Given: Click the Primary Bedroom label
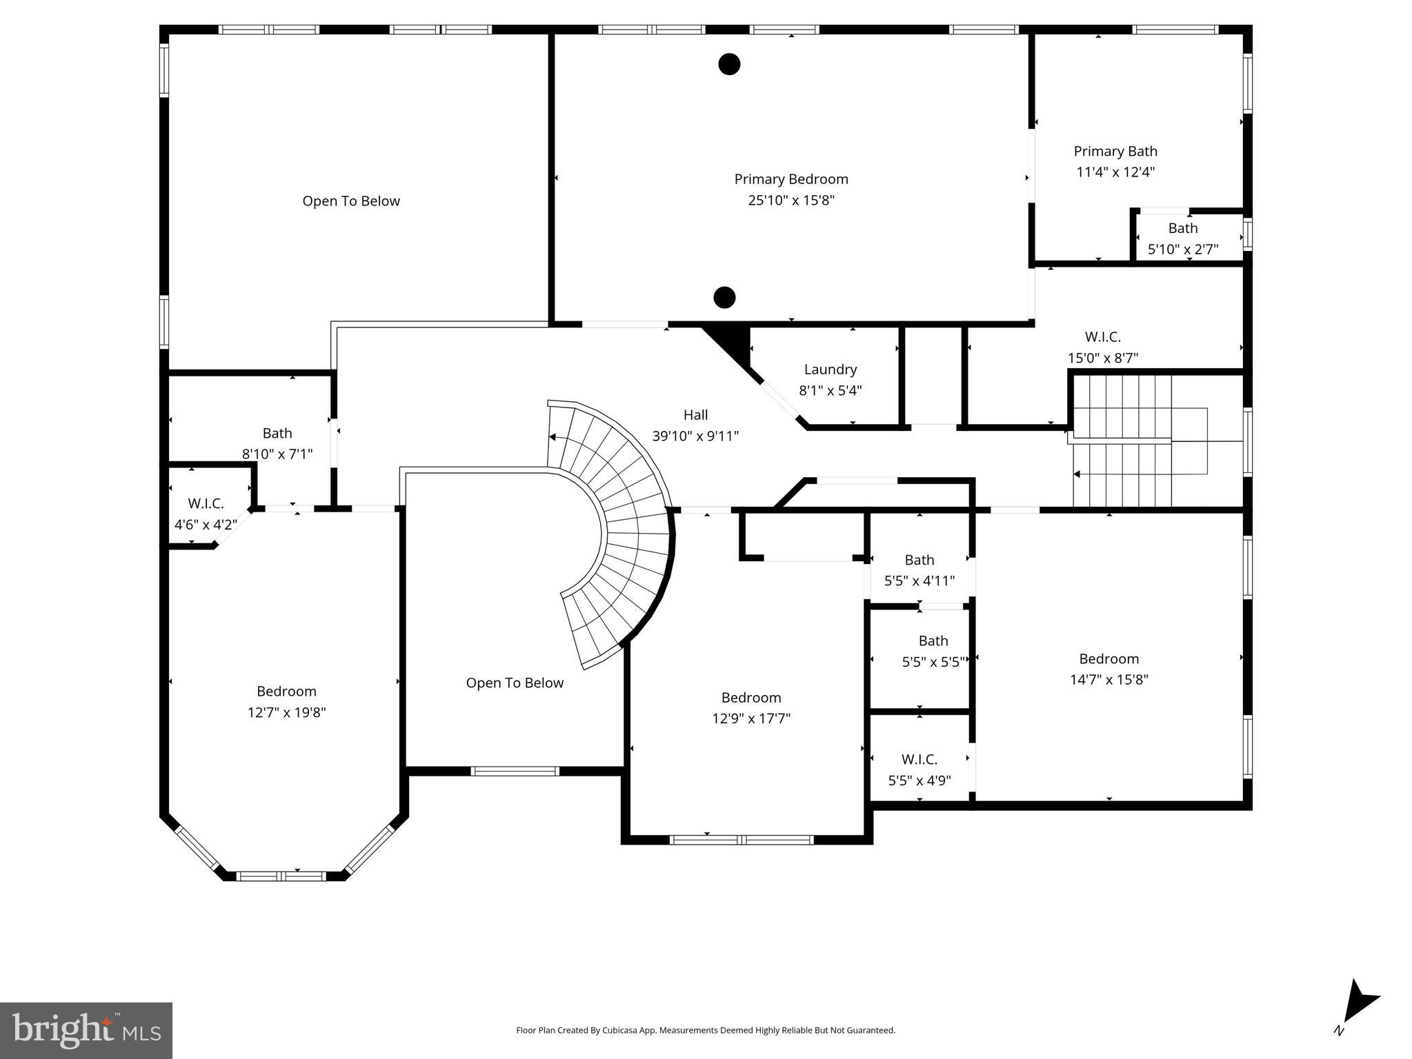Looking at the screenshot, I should pyautogui.click(x=790, y=179).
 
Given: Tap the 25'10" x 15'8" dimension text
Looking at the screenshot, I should pyautogui.click(x=790, y=201).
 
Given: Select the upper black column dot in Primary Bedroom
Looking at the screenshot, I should pyautogui.click(x=729, y=64).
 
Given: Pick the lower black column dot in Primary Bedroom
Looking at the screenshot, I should pyautogui.click(x=724, y=297).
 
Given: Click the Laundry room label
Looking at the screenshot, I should pyautogui.click(x=830, y=370).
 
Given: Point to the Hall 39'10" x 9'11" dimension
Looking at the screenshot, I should pyautogui.click(x=695, y=436).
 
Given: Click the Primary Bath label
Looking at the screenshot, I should pyautogui.click(x=1115, y=151).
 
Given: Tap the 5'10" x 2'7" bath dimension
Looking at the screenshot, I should pyautogui.click(x=1182, y=249).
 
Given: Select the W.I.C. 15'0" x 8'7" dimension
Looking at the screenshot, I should pyautogui.click(x=1102, y=358).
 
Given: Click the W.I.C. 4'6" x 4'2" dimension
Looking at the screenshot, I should pyautogui.click(x=206, y=525).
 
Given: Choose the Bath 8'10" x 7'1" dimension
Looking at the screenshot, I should pyautogui.click(x=277, y=454).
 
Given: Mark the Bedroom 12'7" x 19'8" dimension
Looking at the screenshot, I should pyautogui.click(x=286, y=712).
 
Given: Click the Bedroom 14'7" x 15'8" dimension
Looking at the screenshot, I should pyautogui.click(x=1108, y=680).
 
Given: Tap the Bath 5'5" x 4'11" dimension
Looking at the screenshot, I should pyautogui.click(x=919, y=581).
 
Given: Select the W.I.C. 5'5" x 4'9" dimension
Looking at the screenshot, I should pyautogui.click(x=919, y=780).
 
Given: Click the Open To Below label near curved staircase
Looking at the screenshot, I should pyautogui.click(x=515, y=683).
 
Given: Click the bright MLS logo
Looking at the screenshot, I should pyautogui.click(x=86, y=1030).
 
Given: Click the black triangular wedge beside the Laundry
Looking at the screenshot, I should pyautogui.click(x=734, y=344).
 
